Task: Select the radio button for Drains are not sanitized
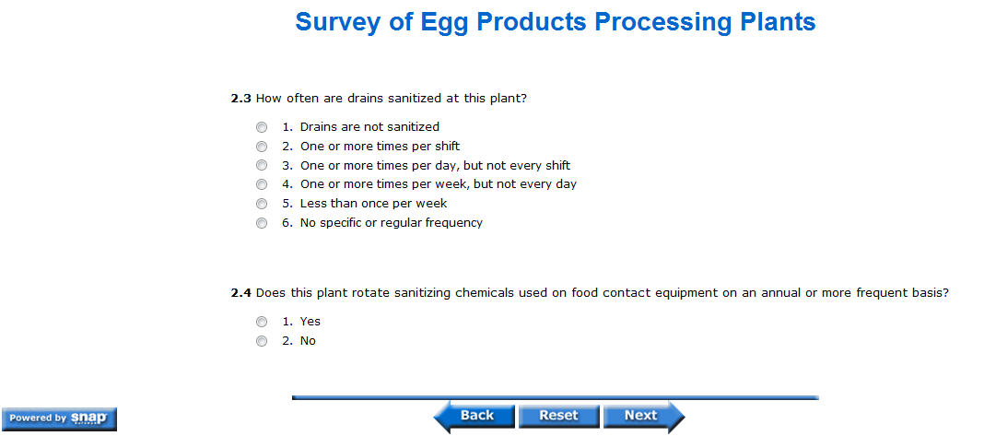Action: click(262, 127)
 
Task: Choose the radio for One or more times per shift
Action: click(262, 147)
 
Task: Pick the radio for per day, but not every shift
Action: click(262, 166)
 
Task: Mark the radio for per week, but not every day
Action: click(262, 184)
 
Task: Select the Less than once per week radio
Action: click(262, 205)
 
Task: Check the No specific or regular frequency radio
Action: click(262, 223)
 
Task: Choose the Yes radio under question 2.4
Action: click(262, 322)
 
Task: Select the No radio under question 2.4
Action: click(262, 341)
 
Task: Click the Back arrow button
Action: click(474, 416)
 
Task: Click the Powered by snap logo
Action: click(60, 419)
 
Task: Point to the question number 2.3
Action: click(241, 99)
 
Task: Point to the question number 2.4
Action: click(241, 293)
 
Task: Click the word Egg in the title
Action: click(449, 23)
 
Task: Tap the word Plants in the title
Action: click(776, 22)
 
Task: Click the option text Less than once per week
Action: click(373, 204)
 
